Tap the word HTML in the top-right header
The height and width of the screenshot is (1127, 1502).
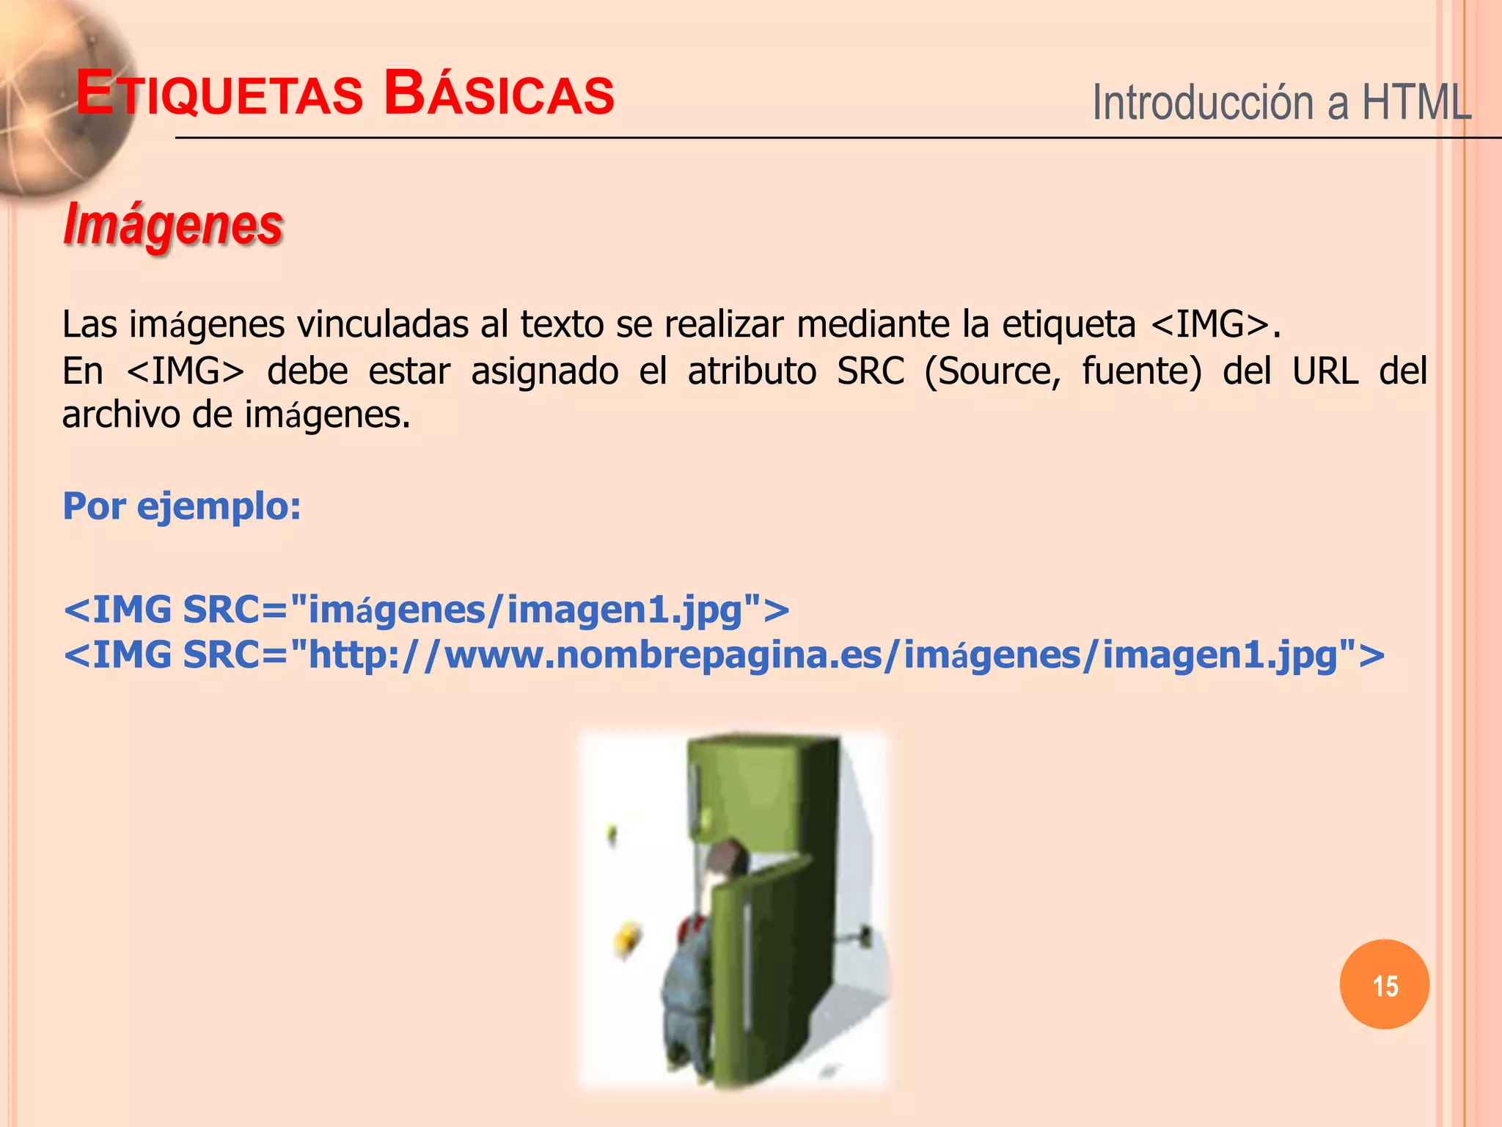click(1416, 102)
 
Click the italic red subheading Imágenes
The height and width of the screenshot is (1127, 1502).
click(173, 224)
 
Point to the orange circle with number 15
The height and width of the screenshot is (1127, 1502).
click(1385, 985)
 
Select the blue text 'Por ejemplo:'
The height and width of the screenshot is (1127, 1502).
click(181, 506)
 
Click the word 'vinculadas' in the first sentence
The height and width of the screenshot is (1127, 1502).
click(382, 324)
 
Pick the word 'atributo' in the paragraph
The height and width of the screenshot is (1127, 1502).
click(752, 371)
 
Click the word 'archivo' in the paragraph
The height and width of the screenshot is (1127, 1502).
click(121, 415)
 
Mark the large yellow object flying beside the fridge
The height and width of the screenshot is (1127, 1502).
click(627, 938)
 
